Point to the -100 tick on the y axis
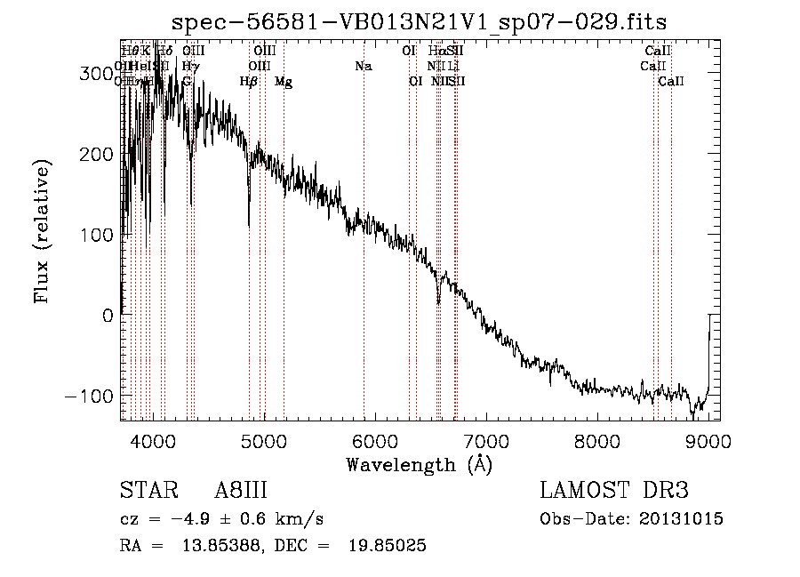point(90,395)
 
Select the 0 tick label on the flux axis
point(106,315)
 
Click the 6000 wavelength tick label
point(374,441)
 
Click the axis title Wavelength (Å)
point(419,464)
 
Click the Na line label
point(363,66)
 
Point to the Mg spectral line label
point(283,82)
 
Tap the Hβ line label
point(249,82)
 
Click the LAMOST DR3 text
point(613,491)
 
